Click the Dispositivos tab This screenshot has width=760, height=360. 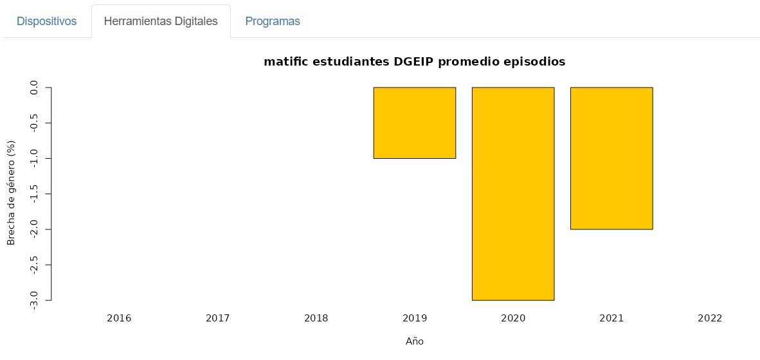point(46,21)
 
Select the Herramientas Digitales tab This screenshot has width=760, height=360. point(161,21)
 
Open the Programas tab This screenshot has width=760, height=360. point(273,21)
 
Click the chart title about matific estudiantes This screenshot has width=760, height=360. point(414,62)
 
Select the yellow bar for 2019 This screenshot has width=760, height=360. point(415,123)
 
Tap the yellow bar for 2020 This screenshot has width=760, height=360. point(513,193)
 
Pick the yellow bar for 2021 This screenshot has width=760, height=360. point(611,158)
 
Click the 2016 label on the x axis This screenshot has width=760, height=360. point(119,318)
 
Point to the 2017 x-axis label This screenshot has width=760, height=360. point(217,318)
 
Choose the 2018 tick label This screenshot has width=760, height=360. point(316,318)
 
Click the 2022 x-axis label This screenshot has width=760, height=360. point(710,318)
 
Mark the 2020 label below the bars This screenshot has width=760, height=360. point(513,318)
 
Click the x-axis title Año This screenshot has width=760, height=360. point(415,341)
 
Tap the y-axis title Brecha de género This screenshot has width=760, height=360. point(11,194)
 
